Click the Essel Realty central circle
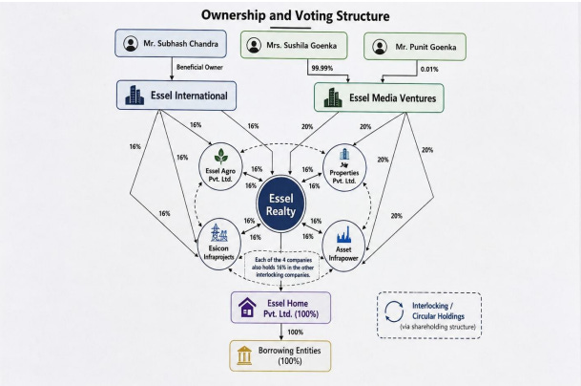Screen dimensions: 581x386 [280, 204]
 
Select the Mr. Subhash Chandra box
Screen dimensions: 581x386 [171, 43]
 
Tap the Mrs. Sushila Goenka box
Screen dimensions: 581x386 [294, 45]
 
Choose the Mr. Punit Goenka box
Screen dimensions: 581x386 [415, 47]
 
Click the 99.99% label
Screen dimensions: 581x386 [322, 68]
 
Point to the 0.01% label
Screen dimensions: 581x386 [429, 69]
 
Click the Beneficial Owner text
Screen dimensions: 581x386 [199, 67]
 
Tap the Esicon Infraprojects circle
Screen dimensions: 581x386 [219, 244]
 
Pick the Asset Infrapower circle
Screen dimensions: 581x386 [343, 246]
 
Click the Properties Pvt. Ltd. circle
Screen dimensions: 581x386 [344, 168]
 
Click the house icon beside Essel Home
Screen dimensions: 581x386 [247, 308]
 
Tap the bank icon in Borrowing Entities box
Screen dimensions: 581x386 [244, 355]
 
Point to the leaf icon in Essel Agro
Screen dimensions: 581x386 [221, 157]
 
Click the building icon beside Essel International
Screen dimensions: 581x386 [135, 96]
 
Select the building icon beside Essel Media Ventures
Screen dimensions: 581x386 [333, 97]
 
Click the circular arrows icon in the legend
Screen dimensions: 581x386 [394, 311]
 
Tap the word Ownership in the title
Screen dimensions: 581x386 [234, 15]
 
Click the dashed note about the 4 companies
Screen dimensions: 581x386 [283, 268]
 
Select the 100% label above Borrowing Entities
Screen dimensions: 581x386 [296, 332]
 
